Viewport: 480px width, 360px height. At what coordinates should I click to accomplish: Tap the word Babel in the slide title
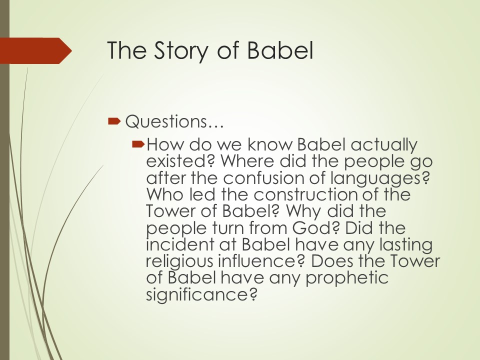pos(280,50)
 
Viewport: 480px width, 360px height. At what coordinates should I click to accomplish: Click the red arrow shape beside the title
pos(36,51)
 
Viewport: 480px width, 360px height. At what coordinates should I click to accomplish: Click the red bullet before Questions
pos(114,121)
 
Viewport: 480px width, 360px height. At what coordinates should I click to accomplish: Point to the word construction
pos(305,194)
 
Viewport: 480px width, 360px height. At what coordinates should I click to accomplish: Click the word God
pos(315,228)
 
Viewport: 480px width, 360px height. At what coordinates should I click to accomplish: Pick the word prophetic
pos(347,278)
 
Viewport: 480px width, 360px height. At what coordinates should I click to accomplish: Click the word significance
pos(201,295)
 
